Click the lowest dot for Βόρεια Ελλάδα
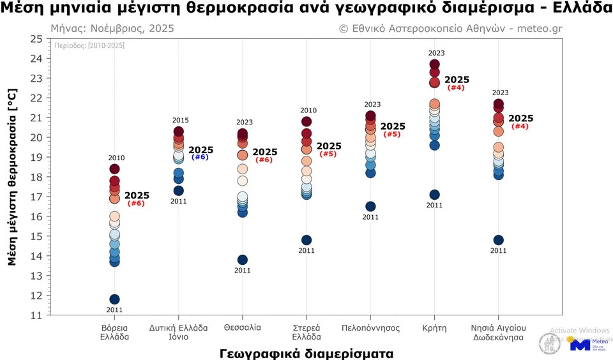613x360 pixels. (x=114, y=299)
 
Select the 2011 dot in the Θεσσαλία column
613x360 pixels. (x=243, y=260)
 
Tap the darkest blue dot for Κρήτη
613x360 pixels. (x=434, y=195)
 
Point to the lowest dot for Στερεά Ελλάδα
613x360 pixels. (x=306, y=240)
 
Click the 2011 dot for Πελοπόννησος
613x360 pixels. (x=370, y=206)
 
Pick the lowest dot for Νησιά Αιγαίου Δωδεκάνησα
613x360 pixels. (x=498, y=240)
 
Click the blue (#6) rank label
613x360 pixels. (x=200, y=157)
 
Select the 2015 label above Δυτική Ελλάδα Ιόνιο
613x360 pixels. (x=181, y=121)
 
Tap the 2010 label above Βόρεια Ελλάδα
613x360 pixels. (x=116, y=158)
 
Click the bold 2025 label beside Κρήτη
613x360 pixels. (x=457, y=80)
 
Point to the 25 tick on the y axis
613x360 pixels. (x=36, y=39)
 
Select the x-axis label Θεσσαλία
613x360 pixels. (x=243, y=328)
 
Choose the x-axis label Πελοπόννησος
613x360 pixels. (x=370, y=328)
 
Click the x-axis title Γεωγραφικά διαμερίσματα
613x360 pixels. (x=306, y=352)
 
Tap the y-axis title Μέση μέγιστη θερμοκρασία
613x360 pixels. (x=12, y=177)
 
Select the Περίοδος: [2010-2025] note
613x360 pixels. (x=90, y=46)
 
